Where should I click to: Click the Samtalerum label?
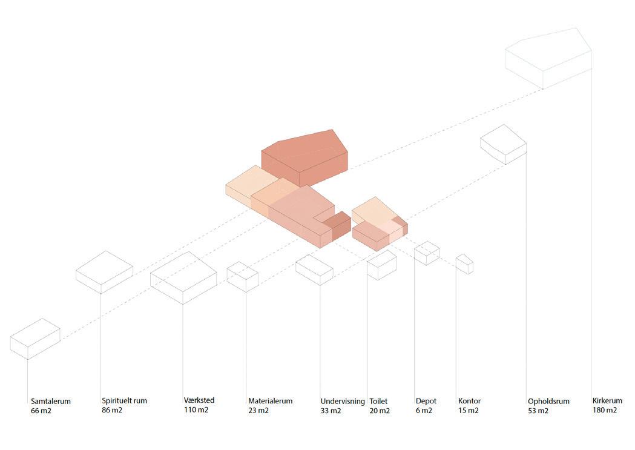pos(51,401)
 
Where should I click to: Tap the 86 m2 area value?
pos(112,410)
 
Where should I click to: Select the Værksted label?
pos(199,400)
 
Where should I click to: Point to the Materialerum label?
pos(270,401)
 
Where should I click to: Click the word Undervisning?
pos(343,401)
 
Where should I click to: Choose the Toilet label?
pos(378,401)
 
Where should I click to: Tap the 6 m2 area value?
pos(424,410)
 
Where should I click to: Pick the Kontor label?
pos(469,401)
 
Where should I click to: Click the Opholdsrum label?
pos(548,401)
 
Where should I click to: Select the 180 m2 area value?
pos(605,410)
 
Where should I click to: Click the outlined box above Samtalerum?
pos(35,339)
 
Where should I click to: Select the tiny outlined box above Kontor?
pos(464,264)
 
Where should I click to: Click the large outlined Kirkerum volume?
pos(548,58)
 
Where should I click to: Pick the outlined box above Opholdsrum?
pos(503,144)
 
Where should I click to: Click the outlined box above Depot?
pos(427,253)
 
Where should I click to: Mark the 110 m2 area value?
pos(196,410)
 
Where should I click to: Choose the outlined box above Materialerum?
pos(242,276)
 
